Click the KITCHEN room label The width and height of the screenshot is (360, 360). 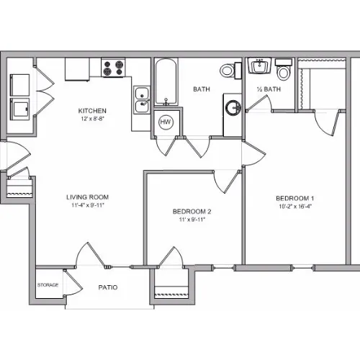[x=92, y=111]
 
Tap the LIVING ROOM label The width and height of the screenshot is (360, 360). [x=88, y=197]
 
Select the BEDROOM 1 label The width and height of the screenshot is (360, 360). [x=295, y=199]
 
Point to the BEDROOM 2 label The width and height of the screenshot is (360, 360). [x=192, y=212]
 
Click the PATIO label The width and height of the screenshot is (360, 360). [x=108, y=287]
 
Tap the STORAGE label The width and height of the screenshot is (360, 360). [x=48, y=285]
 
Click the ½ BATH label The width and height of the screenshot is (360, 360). [x=269, y=89]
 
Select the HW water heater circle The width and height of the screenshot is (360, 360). [x=166, y=122]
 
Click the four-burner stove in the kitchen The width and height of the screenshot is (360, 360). [x=113, y=68]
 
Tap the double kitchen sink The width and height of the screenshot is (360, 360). [x=142, y=100]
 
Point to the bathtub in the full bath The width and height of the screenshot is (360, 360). [x=166, y=81]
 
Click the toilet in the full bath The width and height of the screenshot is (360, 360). [x=230, y=71]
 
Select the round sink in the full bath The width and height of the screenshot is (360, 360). [x=233, y=108]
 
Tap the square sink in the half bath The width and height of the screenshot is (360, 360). [x=259, y=66]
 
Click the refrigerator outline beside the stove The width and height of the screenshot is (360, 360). [x=77, y=69]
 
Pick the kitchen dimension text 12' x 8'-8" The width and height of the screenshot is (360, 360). [x=92, y=119]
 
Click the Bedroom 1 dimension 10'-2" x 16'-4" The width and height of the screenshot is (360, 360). [x=295, y=207]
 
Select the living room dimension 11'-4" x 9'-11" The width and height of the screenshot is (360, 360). [x=88, y=205]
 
